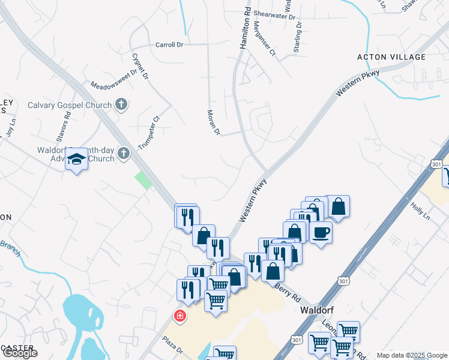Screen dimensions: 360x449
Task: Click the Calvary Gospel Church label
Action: [70, 105]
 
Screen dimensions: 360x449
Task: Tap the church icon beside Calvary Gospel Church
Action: [121, 104]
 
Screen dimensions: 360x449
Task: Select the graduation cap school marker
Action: [76, 160]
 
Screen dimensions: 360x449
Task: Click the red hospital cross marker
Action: [179, 315]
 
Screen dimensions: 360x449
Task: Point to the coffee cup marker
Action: [321, 232]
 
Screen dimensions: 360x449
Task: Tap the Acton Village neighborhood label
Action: [391, 57]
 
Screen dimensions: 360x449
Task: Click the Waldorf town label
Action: [316, 311]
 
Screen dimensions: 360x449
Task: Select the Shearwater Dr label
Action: [275, 17]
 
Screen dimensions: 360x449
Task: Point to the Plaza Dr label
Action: [171, 344]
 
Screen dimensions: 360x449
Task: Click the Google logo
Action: [20, 353]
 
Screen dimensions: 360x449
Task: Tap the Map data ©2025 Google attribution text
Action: [411, 355]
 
